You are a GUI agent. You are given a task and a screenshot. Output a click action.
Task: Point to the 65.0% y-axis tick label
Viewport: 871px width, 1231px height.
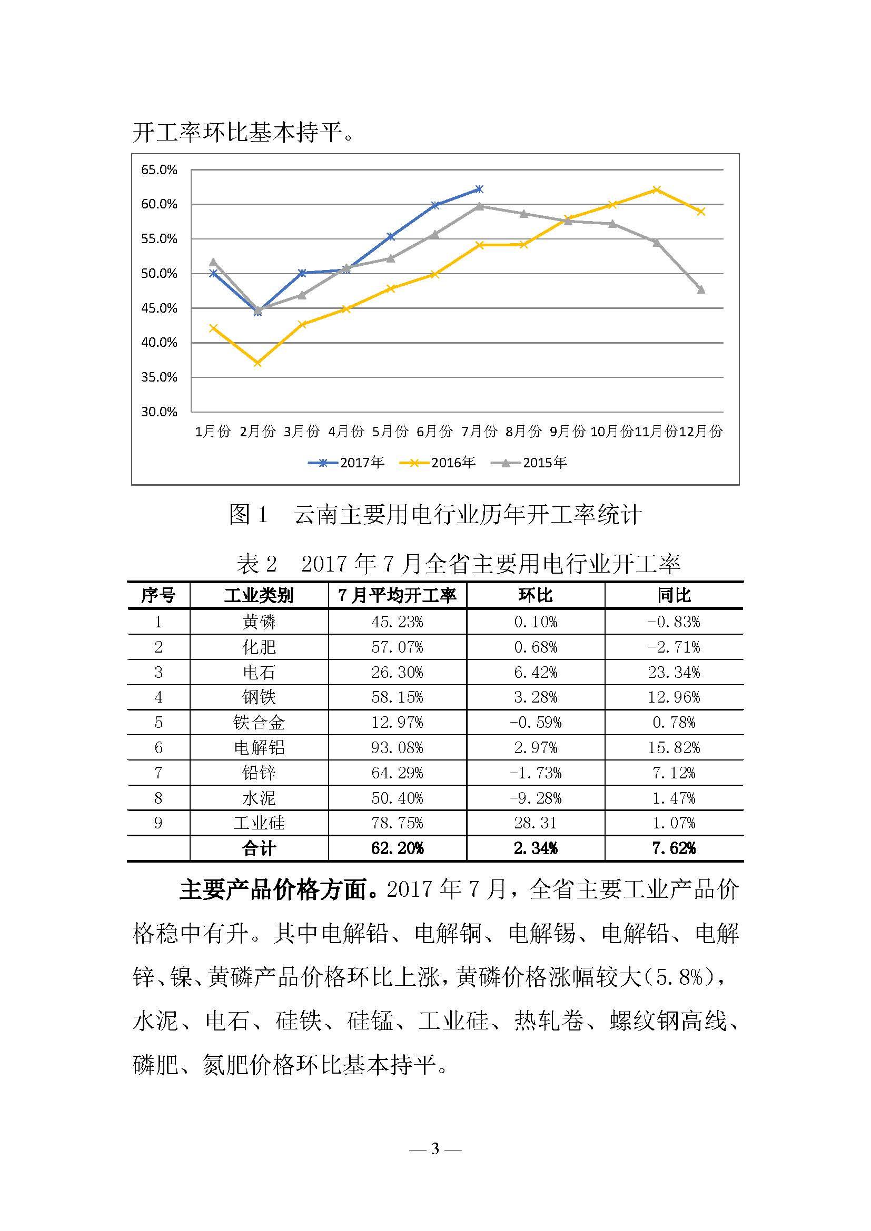[159, 170]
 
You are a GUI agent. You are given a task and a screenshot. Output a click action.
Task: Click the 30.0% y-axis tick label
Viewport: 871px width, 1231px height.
[159, 412]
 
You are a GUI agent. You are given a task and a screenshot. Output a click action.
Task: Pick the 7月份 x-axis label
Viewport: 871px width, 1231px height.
[479, 431]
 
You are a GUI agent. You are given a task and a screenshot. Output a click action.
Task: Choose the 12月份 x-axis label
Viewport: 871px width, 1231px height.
[700, 431]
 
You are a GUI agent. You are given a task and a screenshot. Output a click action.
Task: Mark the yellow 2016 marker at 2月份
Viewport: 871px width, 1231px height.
[258, 363]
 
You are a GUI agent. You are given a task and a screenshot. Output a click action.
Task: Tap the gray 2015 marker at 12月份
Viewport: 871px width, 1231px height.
[701, 290]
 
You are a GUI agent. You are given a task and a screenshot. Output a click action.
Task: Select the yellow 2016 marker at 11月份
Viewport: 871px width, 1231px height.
[657, 190]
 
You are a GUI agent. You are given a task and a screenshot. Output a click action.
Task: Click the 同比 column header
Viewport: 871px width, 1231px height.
[674, 595]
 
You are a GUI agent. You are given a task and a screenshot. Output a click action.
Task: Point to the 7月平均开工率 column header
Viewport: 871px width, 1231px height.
[397, 595]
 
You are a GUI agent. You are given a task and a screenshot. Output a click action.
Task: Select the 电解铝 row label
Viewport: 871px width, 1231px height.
[259, 747]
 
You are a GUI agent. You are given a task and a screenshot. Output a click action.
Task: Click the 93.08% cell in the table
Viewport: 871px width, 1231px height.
[397, 747]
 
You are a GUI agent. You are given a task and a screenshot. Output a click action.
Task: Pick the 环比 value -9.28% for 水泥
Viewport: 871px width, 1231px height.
[535, 798]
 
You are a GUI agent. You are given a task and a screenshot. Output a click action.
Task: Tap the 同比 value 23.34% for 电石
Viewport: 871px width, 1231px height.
[674, 672]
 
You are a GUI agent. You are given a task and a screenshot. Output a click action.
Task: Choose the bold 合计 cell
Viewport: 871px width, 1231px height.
[259, 848]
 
